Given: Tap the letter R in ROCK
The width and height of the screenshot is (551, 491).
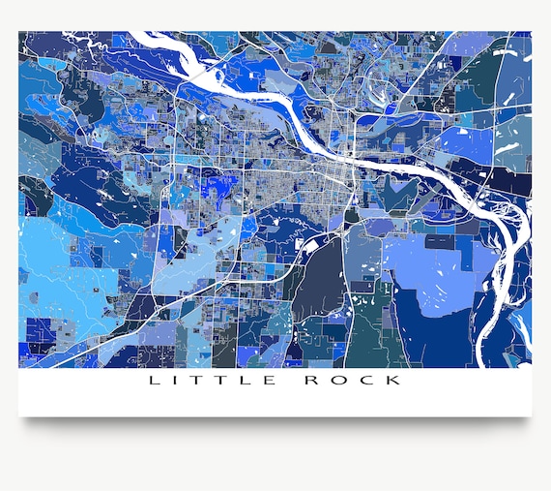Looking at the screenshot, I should pos(312,381).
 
